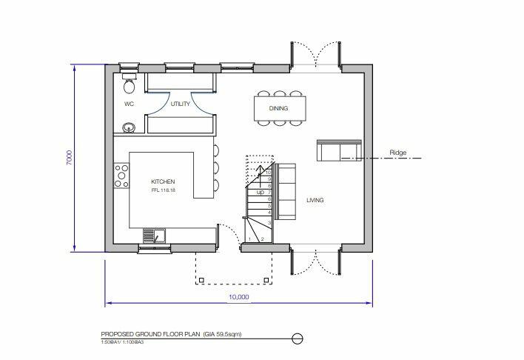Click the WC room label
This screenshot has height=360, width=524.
[x=128, y=104]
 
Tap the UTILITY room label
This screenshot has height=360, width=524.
[x=181, y=104]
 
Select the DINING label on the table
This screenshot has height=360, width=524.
[x=278, y=108]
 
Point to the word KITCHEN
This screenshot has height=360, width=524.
[x=163, y=181]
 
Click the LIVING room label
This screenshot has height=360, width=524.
[x=314, y=200]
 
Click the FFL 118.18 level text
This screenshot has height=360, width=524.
[x=164, y=191]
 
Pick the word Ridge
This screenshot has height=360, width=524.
[x=399, y=153]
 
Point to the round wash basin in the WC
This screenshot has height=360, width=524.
[x=128, y=127]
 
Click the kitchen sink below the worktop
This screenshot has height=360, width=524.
[x=155, y=235]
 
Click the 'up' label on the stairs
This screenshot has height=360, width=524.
[x=260, y=192]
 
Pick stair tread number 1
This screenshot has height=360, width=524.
[x=251, y=239]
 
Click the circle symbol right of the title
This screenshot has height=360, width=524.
[x=298, y=338]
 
